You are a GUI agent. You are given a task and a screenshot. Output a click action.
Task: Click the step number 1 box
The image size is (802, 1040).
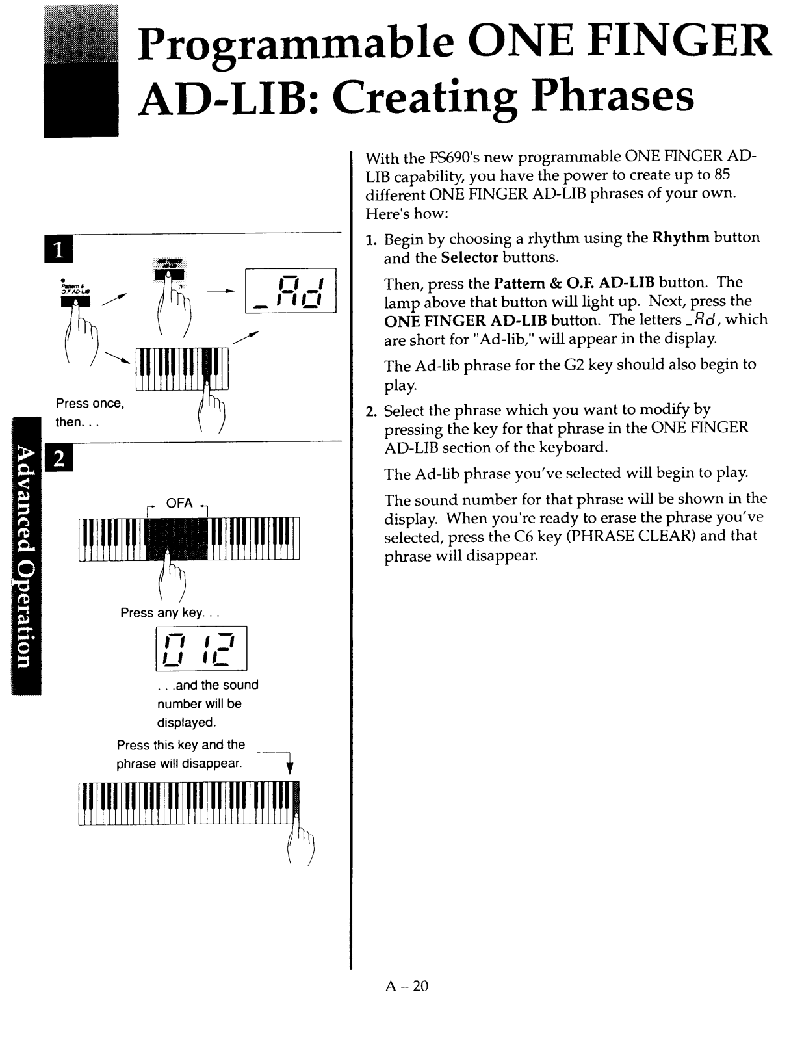pos(58,250)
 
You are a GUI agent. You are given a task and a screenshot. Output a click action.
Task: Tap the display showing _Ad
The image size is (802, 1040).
pos(291,291)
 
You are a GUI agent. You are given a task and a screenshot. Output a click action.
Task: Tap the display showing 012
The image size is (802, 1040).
pos(201,647)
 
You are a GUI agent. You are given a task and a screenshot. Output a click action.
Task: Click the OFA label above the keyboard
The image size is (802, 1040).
pos(179,503)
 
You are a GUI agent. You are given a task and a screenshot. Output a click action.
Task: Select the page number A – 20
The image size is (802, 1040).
pos(407,986)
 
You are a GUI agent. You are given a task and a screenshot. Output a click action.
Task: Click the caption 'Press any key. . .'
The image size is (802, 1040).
pos(170,613)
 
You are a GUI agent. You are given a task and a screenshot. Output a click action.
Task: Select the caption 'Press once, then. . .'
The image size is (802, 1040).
pos(89,412)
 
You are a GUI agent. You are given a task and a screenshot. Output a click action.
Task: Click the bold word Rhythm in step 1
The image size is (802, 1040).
pos(680,237)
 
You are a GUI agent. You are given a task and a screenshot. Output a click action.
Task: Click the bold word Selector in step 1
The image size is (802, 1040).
pos(469,257)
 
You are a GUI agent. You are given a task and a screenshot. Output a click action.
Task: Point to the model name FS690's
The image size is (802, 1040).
pos(455,157)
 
